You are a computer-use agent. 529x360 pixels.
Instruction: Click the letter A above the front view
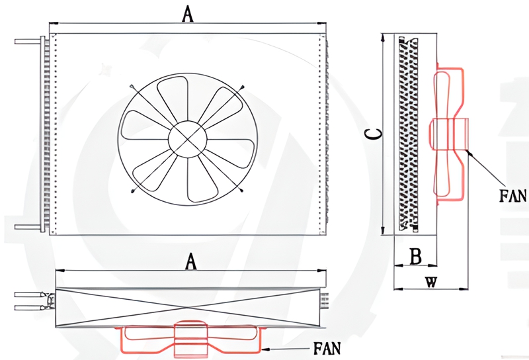click(x=188, y=14)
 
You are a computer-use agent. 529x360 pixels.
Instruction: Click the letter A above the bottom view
click(x=191, y=262)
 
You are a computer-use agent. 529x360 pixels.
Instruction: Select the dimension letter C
click(x=374, y=134)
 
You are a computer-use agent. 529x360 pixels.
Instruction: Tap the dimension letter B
click(x=415, y=256)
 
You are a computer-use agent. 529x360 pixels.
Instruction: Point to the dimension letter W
click(x=430, y=282)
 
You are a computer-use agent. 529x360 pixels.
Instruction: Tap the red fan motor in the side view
click(x=450, y=133)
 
